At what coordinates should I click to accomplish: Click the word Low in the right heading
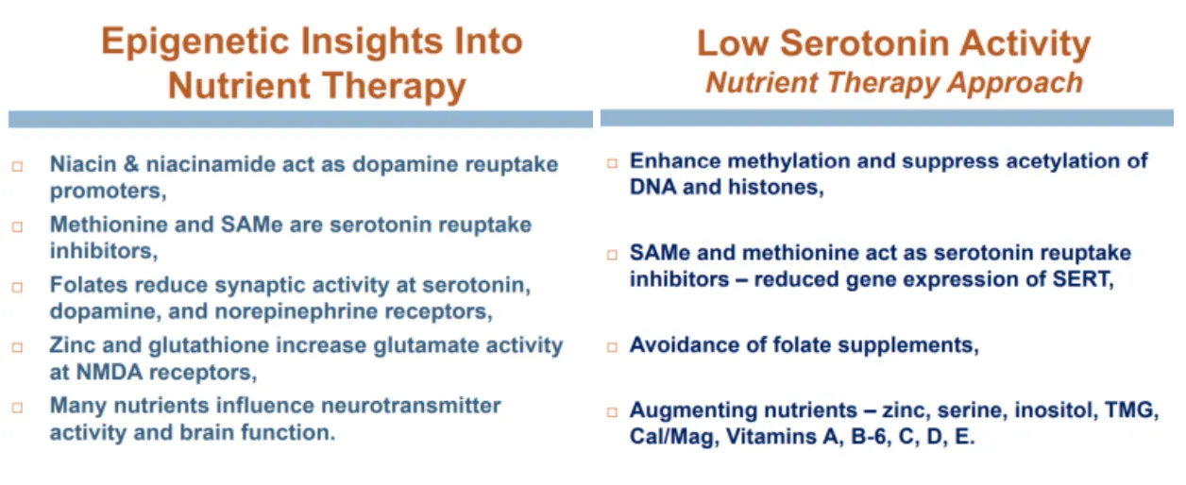[x=732, y=42]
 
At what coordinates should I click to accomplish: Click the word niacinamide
[x=211, y=164]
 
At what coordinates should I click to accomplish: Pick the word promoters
[x=108, y=191]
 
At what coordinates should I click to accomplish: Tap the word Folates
[x=89, y=285]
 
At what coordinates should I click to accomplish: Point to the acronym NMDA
[x=110, y=373]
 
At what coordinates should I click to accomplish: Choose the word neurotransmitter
[x=411, y=406]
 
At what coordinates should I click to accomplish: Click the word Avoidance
[x=685, y=344]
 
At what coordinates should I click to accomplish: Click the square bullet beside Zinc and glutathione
[x=18, y=347]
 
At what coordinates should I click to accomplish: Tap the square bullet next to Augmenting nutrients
[x=612, y=412]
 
